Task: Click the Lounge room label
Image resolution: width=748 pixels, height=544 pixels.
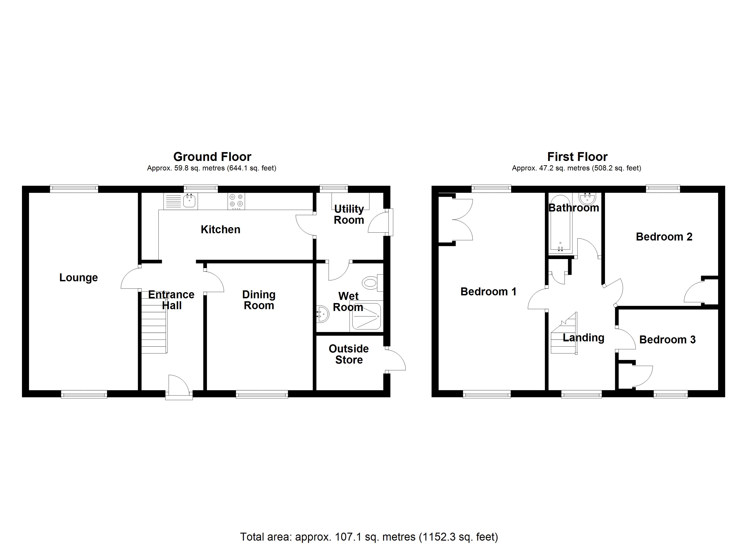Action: pyautogui.click(x=78, y=278)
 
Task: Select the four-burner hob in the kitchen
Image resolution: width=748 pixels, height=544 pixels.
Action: pyautogui.click(x=236, y=201)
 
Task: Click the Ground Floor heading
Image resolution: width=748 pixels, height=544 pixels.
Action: pyautogui.click(x=212, y=157)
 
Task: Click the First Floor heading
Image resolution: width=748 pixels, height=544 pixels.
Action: pyautogui.click(x=577, y=157)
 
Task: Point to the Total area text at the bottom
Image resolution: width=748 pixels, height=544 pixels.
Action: pyautogui.click(x=369, y=537)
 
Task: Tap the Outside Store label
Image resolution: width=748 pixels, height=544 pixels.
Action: pyautogui.click(x=349, y=354)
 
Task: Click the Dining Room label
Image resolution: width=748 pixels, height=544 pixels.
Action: pyautogui.click(x=259, y=300)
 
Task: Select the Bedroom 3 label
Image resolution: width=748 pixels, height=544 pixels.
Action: pyautogui.click(x=667, y=340)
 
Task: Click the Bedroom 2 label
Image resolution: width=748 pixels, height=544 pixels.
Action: pyautogui.click(x=664, y=237)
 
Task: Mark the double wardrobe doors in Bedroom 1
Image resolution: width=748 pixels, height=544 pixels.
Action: pyautogui.click(x=463, y=220)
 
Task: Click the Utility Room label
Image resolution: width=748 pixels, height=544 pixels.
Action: pyautogui.click(x=349, y=214)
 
